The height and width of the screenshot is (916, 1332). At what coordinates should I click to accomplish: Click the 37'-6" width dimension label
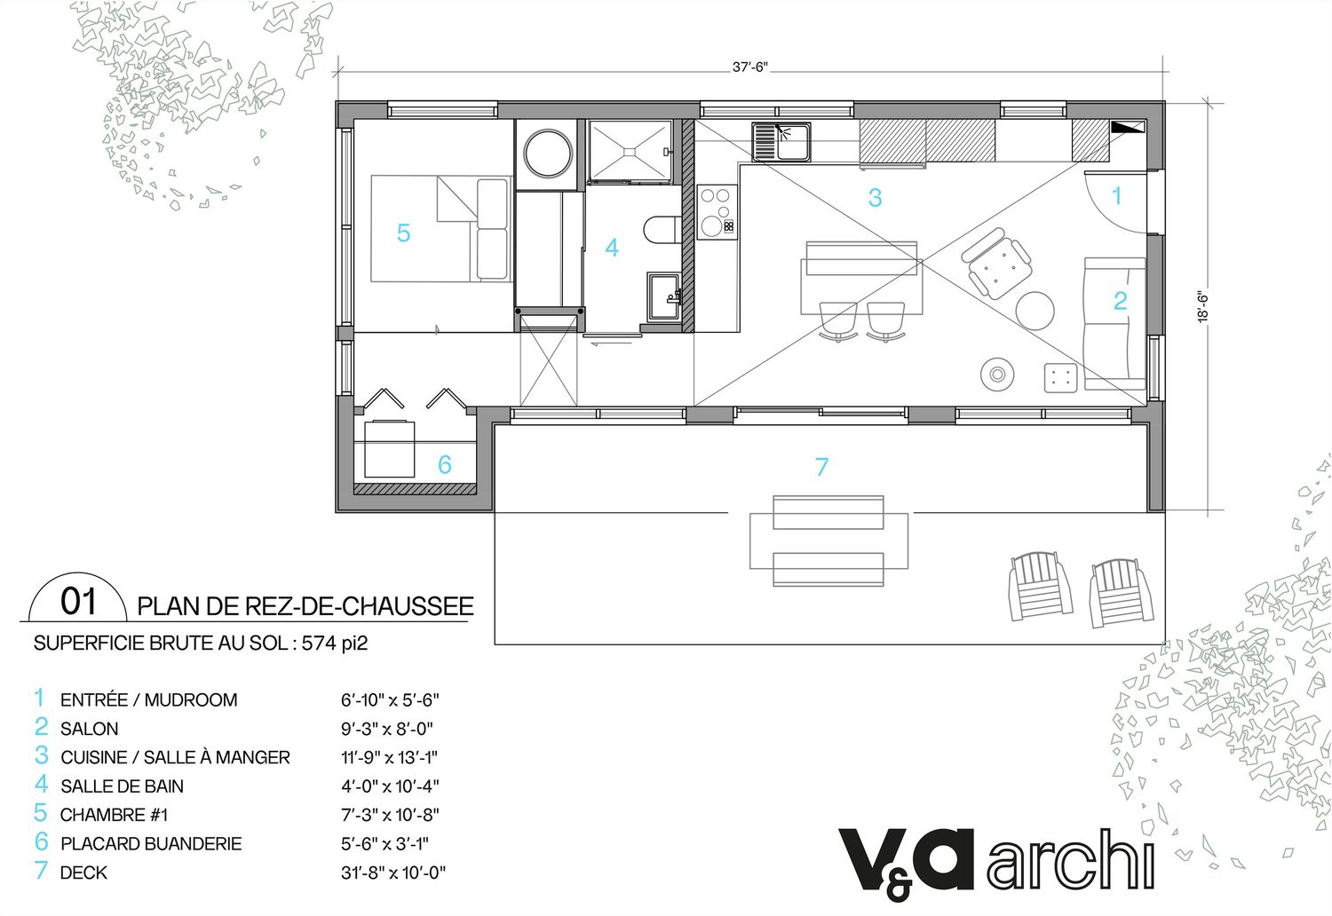click(x=749, y=67)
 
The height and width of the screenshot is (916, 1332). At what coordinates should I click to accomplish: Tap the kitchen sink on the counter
click(x=781, y=142)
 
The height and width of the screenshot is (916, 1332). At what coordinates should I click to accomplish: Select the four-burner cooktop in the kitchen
click(x=718, y=211)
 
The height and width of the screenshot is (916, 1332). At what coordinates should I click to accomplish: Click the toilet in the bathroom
click(x=662, y=230)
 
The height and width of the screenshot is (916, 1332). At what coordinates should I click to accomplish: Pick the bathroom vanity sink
click(x=664, y=296)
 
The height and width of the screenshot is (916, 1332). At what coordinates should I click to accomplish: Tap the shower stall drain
click(x=630, y=152)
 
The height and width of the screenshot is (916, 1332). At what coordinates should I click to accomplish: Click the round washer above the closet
click(x=548, y=154)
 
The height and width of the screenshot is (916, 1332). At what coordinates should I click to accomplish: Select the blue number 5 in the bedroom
click(x=404, y=233)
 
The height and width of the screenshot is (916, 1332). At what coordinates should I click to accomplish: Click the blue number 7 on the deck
click(x=821, y=467)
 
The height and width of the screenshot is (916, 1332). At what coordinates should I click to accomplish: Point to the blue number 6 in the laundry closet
click(x=445, y=464)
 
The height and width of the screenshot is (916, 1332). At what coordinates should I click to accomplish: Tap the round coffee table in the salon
click(x=1035, y=311)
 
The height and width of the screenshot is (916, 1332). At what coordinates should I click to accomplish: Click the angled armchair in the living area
click(x=996, y=262)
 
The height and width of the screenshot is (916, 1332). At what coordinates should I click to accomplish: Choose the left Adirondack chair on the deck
click(x=1040, y=587)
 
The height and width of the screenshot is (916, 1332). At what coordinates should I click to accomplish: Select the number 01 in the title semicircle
click(x=78, y=601)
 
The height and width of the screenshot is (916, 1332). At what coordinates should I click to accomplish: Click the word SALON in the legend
click(x=89, y=729)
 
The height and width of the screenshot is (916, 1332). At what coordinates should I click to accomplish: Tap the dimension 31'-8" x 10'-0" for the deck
click(x=393, y=873)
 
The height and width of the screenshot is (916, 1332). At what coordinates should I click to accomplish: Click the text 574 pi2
click(x=335, y=644)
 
